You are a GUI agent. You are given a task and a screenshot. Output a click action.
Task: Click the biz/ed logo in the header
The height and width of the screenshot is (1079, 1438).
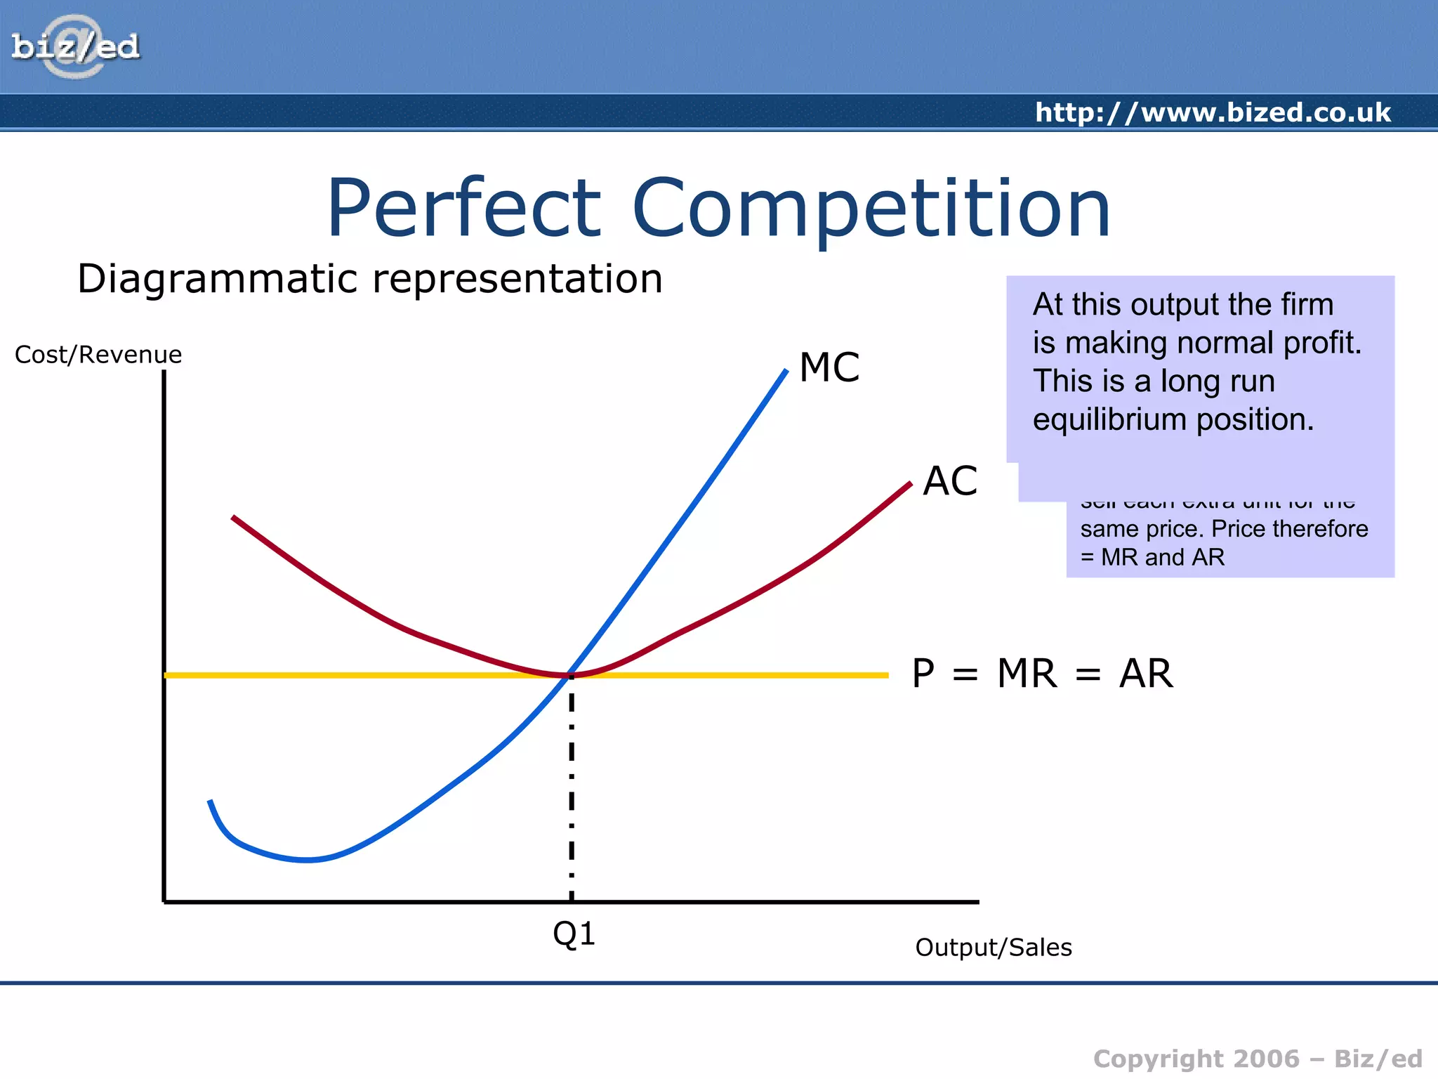(x=75, y=46)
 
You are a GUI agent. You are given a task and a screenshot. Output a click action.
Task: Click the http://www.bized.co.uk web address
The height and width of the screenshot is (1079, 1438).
(x=1213, y=112)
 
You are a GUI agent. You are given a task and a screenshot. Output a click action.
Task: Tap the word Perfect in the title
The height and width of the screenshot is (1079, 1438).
(x=464, y=209)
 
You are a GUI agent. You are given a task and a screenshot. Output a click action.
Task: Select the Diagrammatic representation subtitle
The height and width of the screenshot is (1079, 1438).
(x=370, y=279)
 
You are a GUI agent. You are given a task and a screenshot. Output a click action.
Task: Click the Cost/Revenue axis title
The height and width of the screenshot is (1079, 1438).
(x=98, y=355)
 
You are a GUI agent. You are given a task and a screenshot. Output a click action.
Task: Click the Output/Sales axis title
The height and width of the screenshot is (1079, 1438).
(x=993, y=948)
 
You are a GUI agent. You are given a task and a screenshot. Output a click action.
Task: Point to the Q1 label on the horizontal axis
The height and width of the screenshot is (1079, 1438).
(x=574, y=934)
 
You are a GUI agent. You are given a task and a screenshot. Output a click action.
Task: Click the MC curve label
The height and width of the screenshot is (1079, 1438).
(x=829, y=367)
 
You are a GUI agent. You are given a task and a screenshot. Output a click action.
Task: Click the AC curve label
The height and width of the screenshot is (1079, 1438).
(x=950, y=481)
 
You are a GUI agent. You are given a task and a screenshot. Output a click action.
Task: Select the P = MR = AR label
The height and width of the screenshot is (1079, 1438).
(x=1042, y=674)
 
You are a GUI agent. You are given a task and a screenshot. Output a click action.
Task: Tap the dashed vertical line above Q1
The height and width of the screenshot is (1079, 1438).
(x=572, y=787)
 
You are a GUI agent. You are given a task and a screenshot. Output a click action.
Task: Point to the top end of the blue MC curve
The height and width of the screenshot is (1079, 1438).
(x=785, y=372)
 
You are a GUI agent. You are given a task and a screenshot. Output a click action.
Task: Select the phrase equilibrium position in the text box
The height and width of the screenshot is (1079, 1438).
(x=1173, y=419)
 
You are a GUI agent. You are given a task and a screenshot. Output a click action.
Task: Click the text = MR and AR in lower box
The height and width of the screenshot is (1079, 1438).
(x=1152, y=557)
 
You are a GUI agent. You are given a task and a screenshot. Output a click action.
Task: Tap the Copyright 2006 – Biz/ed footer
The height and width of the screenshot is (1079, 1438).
(x=1258, y=1058)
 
